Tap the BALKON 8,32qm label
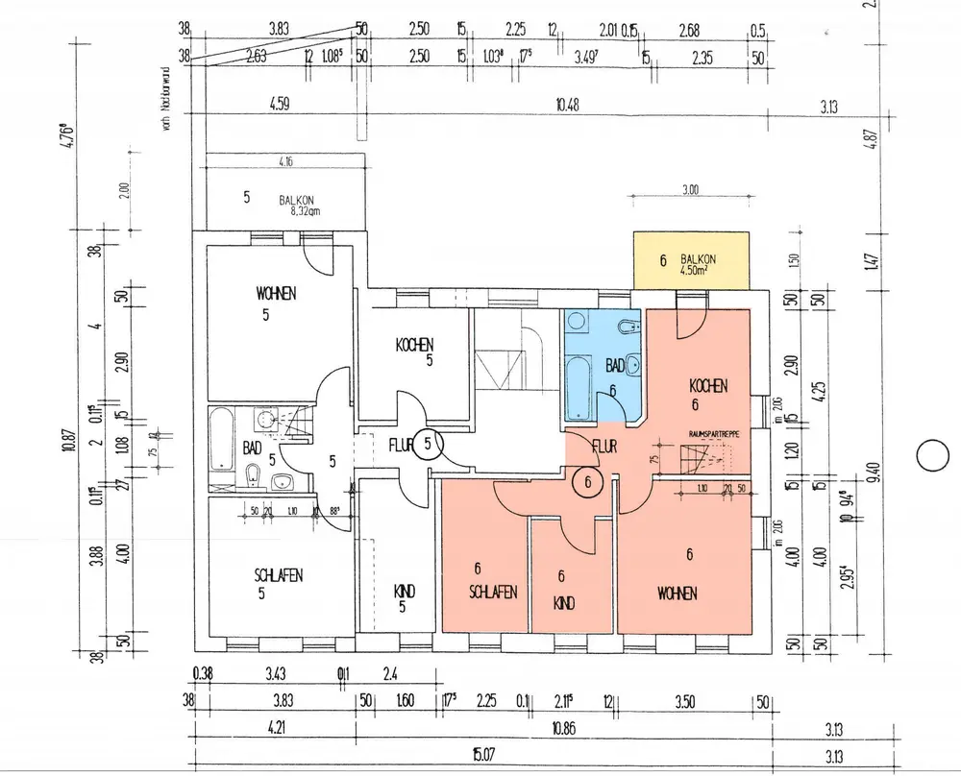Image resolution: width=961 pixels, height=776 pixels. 299,204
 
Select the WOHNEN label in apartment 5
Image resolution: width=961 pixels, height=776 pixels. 276,292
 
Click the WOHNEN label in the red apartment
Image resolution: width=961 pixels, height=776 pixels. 678,594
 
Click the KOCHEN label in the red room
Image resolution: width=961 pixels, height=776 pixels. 708,386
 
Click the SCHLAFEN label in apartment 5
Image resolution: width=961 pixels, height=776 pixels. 279,575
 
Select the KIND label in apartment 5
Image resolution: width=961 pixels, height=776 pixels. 406,591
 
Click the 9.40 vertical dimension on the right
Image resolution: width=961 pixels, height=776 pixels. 872,472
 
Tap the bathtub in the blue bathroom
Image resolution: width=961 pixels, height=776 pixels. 579,388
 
